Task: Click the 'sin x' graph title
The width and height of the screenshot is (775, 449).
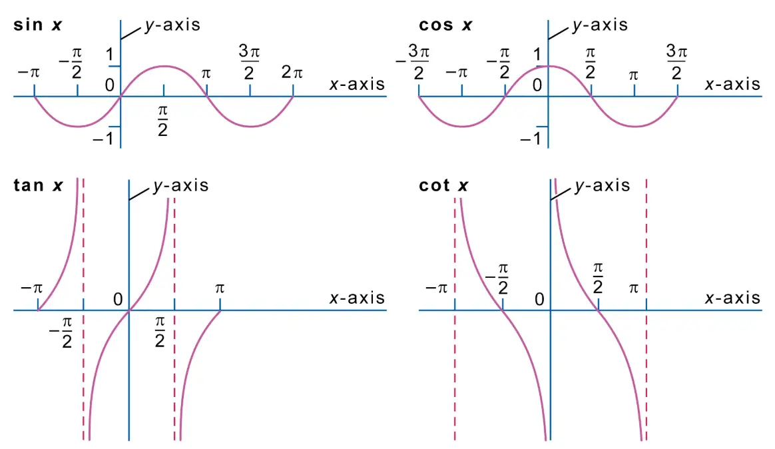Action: (37, 25)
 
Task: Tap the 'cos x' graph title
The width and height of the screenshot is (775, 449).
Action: (445, 25)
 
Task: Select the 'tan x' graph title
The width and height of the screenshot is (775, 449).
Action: (38, 185)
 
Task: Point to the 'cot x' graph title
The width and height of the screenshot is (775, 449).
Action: (443, 185)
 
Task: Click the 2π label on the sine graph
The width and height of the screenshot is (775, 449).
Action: (292, 73)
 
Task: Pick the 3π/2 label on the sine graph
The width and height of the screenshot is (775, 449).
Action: (249, 61)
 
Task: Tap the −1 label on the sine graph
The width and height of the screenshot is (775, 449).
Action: (103, 139)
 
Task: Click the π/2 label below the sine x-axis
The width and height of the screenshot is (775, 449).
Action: (162, 121)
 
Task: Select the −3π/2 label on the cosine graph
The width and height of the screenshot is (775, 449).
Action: (413, 61)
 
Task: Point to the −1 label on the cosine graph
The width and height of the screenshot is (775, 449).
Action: (531, 139)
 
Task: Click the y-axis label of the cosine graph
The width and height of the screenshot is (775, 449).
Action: (600, 25)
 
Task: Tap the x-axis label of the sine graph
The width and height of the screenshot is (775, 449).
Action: (357, 84)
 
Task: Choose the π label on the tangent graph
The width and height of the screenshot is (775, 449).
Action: (220, 288)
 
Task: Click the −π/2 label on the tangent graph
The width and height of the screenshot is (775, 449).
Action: (61, 332)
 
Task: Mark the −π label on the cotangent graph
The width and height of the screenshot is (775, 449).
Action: (436, 288)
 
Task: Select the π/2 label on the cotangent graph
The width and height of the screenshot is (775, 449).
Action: (597, 278)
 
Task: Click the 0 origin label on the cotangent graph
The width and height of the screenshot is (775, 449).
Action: (539, 299)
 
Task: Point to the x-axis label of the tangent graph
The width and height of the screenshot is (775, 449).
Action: (357, 298)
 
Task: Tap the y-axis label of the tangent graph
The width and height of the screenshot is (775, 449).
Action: (181, 185)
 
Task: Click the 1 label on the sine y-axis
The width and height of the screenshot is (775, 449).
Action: (109, 55)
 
